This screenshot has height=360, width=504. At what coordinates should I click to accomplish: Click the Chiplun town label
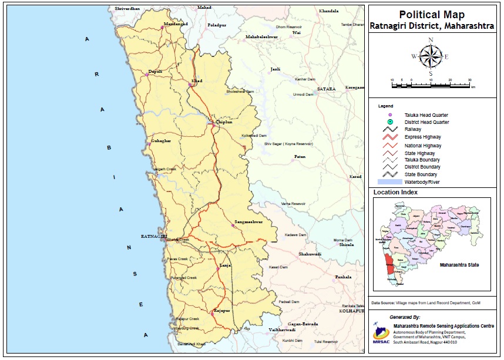pyautogui.click(x=224, y=122)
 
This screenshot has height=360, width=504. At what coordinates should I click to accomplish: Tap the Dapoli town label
pyautogui.click(x=155, y=71)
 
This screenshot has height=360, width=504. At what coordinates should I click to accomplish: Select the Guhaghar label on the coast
pyautogui.click(x=162, y=142)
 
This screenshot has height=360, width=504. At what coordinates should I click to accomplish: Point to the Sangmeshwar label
pyautogui.click(x=248, y=222)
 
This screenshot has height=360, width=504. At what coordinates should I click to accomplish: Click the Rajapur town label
pyautogui.click(x=221, y=310)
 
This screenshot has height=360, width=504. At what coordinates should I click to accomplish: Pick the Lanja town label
pyautogui.click(x=225, y=265)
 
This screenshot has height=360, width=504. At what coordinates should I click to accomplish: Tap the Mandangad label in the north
pyautogui.click(x=174, y=23)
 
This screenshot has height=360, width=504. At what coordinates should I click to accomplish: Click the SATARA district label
pyautogui.click(x=326, y=89)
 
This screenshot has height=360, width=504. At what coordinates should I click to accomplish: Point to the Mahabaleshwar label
pyautogui.click(x=261, y=37)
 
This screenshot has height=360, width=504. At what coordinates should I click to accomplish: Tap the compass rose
pyautogui.click(x=431, y=57)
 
